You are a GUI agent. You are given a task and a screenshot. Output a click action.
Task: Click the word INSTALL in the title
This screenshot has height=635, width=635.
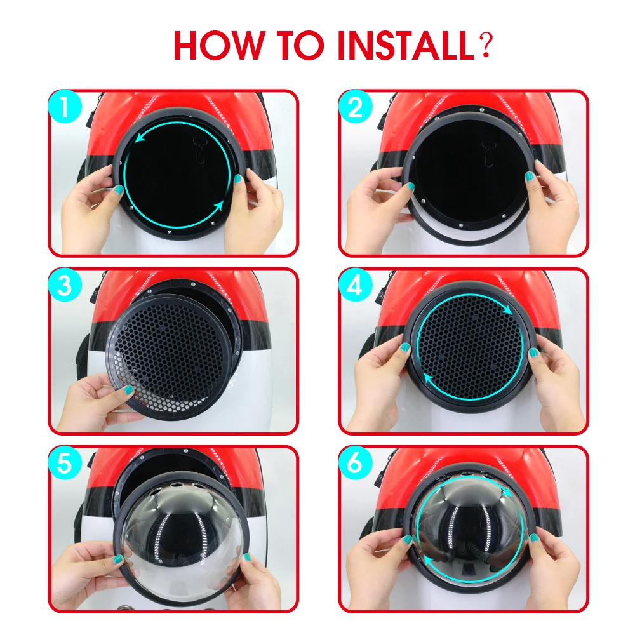pyautogui.click(x=405, y=45)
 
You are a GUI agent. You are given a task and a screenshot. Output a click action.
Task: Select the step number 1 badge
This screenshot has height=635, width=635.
pyautogui.click(x=65, y=106)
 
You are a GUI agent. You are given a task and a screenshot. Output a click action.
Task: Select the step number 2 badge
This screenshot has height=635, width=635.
pyautogui.click(x=355, y=106)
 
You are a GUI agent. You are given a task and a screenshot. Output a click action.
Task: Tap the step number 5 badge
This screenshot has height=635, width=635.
pyautogui.click(x=65, y=463)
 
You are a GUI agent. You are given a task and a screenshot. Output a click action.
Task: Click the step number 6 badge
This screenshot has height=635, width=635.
pyautogui.click(x=355, y=463)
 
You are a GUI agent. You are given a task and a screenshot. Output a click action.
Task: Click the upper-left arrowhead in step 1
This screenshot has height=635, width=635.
pyautogui.click(x=140, y=137)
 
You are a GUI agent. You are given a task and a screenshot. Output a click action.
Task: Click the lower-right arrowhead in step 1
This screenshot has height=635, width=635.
pyautogui.click(x=218, y=206)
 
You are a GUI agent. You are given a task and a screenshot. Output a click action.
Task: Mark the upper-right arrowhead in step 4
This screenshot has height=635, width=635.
pyautogui.click(x=507, y=311)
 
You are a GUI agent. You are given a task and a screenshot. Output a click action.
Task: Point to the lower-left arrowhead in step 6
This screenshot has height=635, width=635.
pyautogui.click(x=428, y=561)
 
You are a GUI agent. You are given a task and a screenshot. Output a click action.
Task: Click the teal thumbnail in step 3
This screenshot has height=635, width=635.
pyautogui.click(x=128, y=390)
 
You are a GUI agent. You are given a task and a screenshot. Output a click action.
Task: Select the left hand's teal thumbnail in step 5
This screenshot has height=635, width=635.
pyautogui.click(x=117, y=559)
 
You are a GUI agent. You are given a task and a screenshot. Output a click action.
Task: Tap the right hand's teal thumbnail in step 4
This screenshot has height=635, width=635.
pyautogui.click(x=534, y=352)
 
